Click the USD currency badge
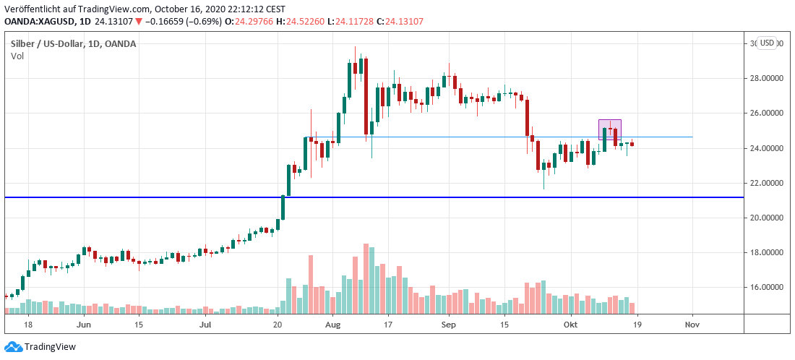[x=766, y=43]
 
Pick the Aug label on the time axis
[x=332, y=325]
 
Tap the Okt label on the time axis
[x=572, y=325]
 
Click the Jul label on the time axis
[x=205, y=325]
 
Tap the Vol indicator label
[x=17, y=56]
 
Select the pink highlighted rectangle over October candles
[x=610, y=129]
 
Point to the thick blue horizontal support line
[x=361, y=197]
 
